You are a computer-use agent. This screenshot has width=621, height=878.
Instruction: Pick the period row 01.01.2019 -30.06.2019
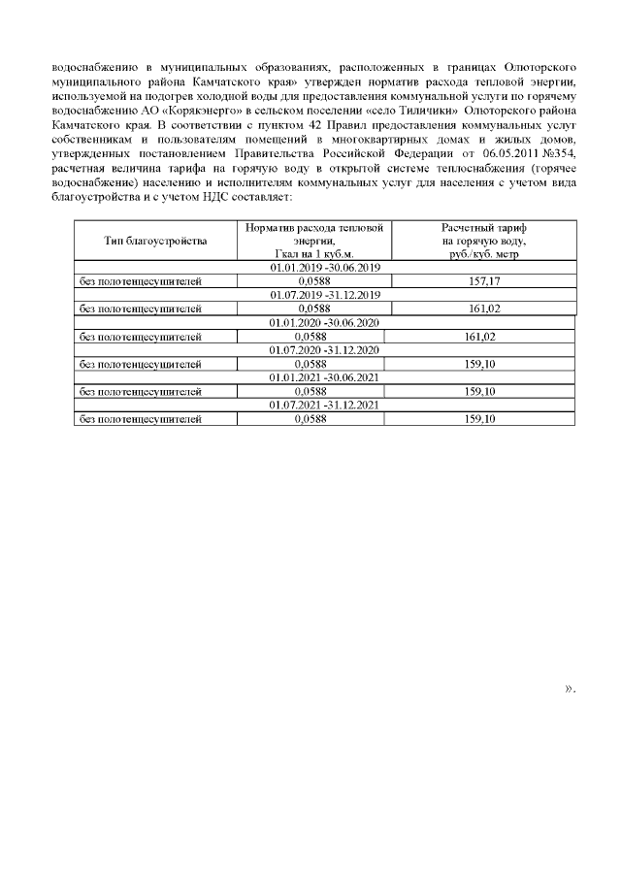click(324, 267)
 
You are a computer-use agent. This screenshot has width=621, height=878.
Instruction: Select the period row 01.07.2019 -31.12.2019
click(324, 295)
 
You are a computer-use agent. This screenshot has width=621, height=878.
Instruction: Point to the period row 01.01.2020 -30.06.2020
click(324, 322)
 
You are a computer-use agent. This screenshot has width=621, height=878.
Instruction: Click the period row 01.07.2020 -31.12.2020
click(324, 350)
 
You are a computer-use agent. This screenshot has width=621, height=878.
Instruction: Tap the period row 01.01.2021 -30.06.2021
click(324, 377)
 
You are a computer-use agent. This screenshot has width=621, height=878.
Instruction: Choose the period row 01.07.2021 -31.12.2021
click(324, 406)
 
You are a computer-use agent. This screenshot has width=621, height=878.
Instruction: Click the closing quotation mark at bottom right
click(570, 690)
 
